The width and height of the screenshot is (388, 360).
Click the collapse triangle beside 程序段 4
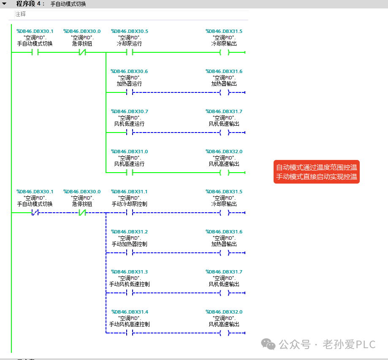(x=4, y=4)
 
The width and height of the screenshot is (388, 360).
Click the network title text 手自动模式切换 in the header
(x=68, y=4)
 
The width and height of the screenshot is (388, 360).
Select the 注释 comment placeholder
(x=20, y=14)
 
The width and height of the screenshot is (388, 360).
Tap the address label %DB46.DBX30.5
(x=130, y=31)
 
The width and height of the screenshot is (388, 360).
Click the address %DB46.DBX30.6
(x=129, y=71)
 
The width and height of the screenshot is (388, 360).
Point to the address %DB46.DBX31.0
(x=130, y=152)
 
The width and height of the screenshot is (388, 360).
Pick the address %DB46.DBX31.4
(x=130, y=312)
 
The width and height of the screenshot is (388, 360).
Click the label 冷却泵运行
(x=130, y=43)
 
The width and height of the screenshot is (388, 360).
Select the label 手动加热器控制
(x=130, y=244)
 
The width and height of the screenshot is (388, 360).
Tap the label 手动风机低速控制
(x=130, y=284)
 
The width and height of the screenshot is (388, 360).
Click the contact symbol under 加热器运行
(x=130, y=92)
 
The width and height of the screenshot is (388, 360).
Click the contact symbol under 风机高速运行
(x=130, y=173)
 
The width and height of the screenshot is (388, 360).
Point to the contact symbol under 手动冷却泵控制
(x=130, y=213)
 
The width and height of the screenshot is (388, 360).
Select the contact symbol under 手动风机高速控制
(x=130, y=333)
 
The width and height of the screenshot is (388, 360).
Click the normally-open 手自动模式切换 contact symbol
(x=35, y=52)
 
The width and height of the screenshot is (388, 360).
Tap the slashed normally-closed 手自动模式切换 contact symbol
(x=35, y=213)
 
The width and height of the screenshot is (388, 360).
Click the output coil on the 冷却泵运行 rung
(x=225, y=52)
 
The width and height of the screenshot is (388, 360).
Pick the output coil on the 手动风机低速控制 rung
(x=225, y=293)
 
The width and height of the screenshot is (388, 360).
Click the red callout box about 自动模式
(x=317, y=172)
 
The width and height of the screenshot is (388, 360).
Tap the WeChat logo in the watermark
(x=268, y=344)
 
